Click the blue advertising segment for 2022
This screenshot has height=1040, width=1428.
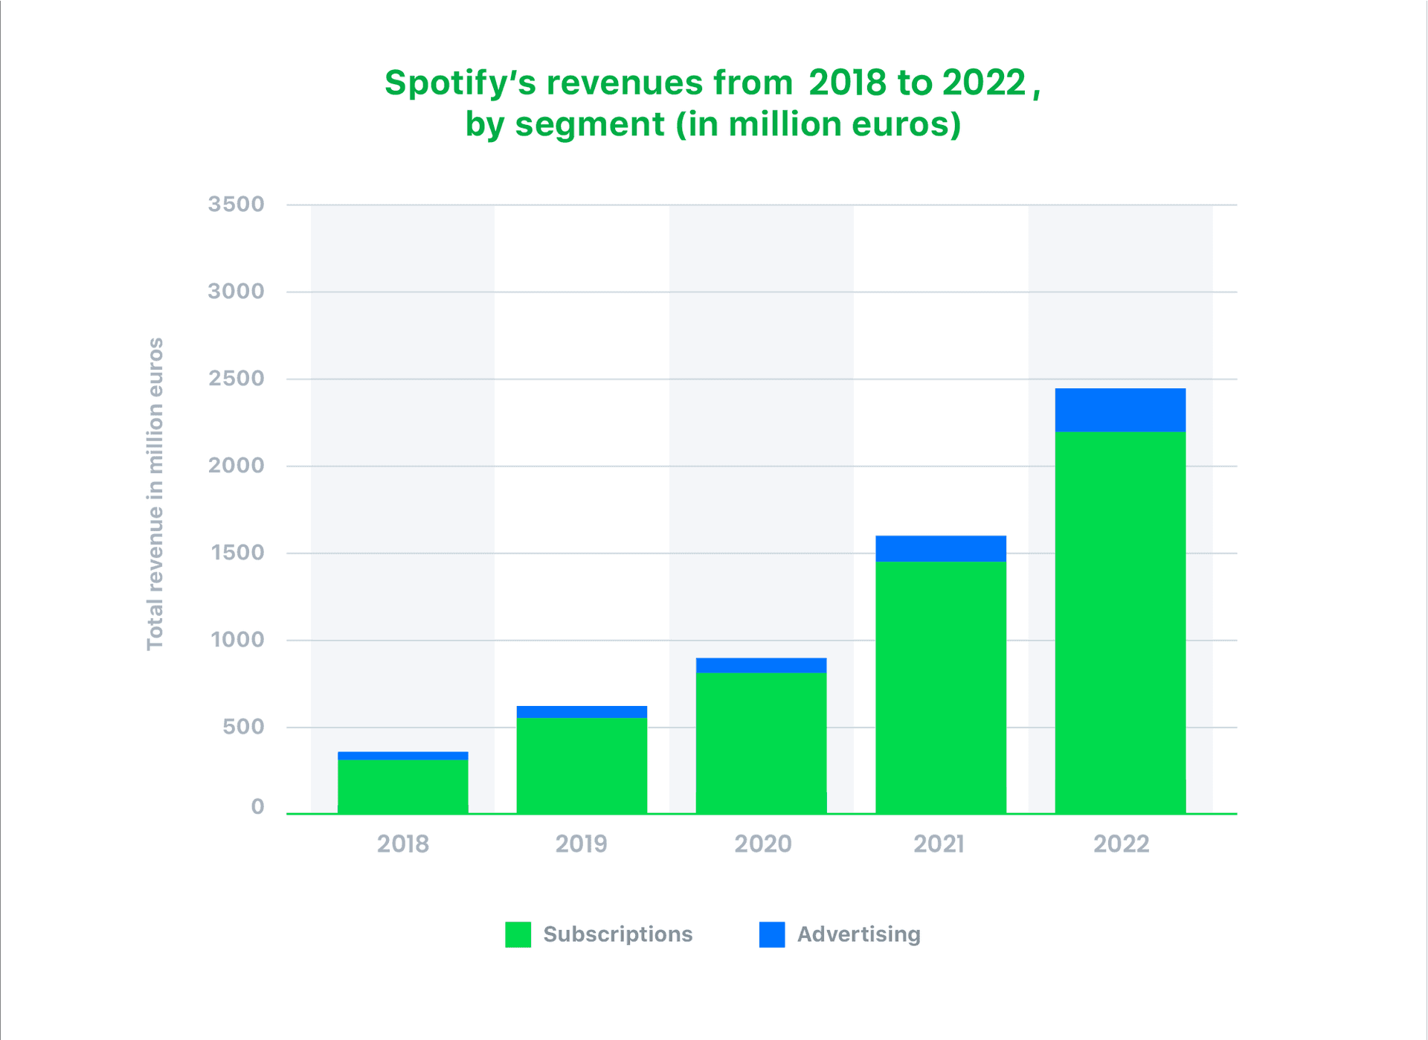[x=1120, y=410]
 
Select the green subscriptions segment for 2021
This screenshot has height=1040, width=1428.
[x=941, y=687]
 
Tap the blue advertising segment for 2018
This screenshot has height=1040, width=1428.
[x=402, y=756]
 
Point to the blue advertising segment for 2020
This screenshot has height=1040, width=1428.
[x=761, y=665]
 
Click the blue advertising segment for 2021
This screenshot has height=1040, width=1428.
[x=941, y=548]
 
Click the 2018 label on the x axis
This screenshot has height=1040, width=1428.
[x=402, y=844]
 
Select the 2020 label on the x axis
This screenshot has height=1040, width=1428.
[x=762, y=844]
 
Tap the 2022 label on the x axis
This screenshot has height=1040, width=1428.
[x=1121, y=844]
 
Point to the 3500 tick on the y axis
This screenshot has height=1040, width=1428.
[x=236, y=204]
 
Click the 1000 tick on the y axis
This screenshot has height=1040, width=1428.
[x=237, y=639]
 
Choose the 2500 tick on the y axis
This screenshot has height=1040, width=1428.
[x=236, y=378]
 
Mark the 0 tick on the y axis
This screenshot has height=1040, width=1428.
[x=257, y=806]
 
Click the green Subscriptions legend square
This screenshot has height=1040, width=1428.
[x=518, y=934]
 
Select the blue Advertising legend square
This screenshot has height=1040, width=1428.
[x=772, y=934]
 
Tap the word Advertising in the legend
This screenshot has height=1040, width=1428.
[x=858, y=934]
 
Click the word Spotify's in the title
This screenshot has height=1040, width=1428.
[x=460, y=83]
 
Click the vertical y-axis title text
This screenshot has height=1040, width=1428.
[x=155, y=494]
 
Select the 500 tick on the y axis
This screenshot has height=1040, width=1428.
[x=243, y=726]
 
